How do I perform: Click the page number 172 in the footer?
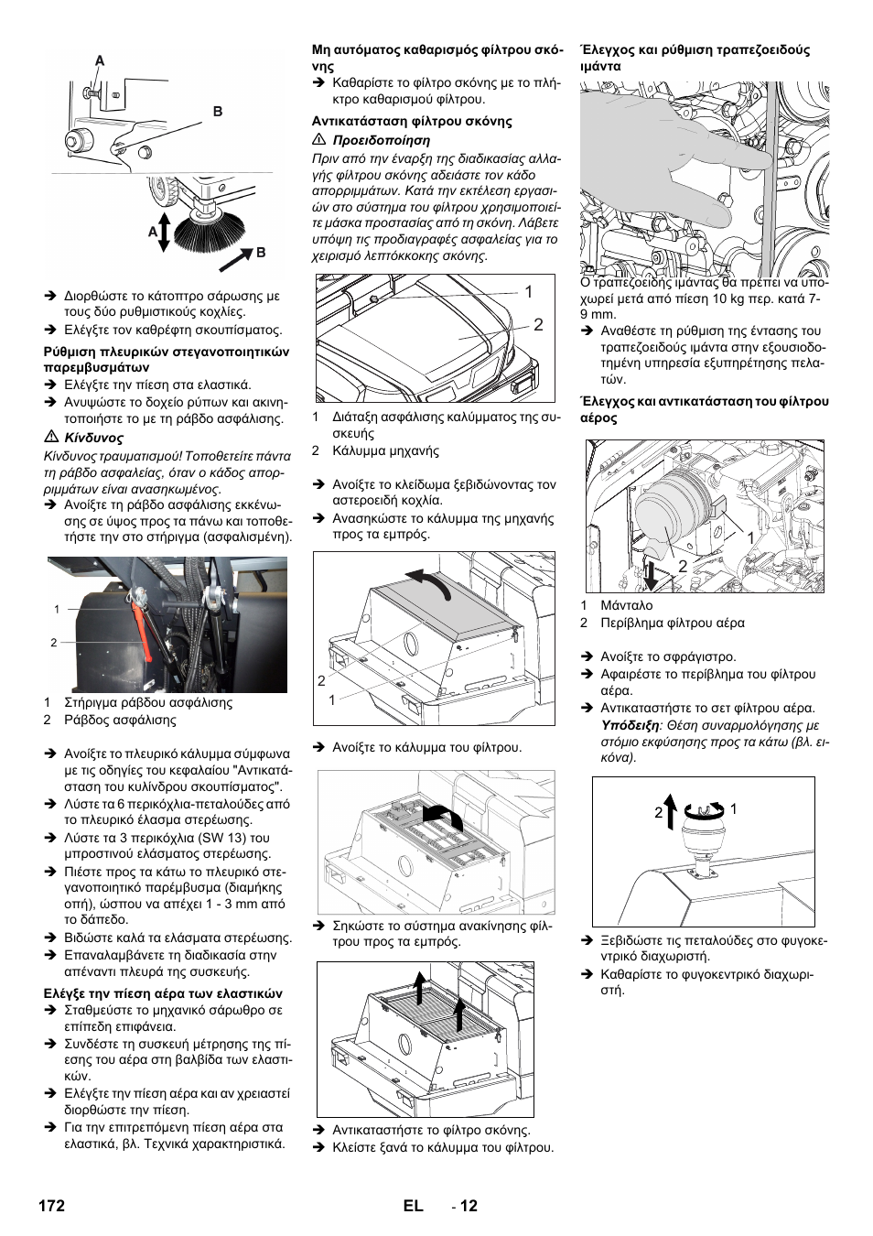(x=51, y=1206)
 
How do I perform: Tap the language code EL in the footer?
(x=412, y=1206)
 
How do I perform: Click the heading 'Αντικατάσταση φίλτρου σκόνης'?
(x=412, y=121)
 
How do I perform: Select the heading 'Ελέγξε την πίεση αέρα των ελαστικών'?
(x=164, y=993)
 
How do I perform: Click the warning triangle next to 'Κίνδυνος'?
(x=50, y=438)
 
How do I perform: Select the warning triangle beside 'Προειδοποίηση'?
(x=318, y=140)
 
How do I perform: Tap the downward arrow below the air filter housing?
(x=650, y=575)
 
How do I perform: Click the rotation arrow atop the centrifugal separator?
(x=703, y=809)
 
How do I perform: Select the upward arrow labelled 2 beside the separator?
(x=670, y=811)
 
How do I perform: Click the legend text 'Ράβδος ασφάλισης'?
(x=120, y=720)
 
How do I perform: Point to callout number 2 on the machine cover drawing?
(x=538, y=324)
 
